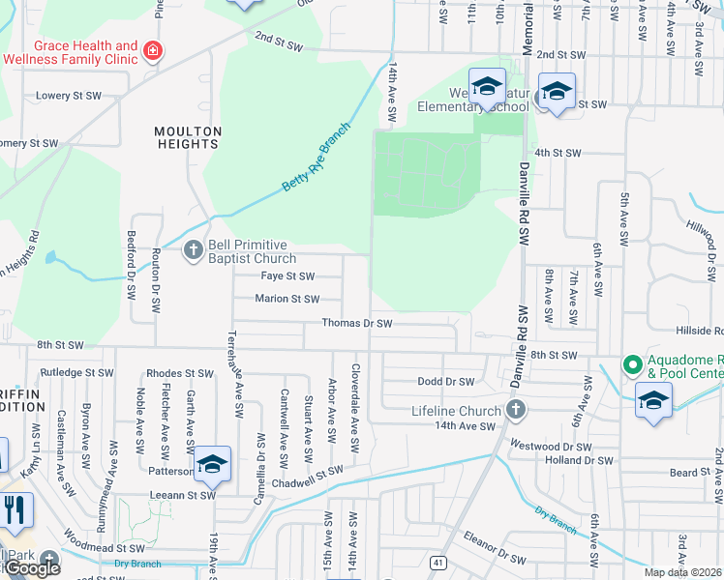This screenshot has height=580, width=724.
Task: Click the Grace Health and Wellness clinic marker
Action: pos(153,51)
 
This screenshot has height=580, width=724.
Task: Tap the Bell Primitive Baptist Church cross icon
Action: pos(194,250)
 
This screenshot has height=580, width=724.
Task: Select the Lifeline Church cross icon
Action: pos(515,409)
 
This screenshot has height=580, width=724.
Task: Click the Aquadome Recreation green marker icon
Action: pos(632,365)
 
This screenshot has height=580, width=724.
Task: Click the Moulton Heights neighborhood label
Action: pos(188,137)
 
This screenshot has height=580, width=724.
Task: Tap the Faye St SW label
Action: pos(288,275)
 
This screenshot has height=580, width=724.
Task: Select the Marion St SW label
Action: pos(287,299)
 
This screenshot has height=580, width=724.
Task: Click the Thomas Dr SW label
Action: pos(356,323)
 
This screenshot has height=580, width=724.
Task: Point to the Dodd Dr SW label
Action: pos(443,381)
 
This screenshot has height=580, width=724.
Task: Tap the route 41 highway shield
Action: pos(437,562)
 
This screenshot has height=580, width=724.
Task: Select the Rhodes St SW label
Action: pos(179,374)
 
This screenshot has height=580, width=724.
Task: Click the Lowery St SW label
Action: pos(69,96)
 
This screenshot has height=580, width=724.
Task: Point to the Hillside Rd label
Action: pos(694,329)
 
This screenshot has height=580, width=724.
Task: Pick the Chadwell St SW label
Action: pos(308,470)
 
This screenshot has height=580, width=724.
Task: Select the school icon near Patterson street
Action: pos(212,466)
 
